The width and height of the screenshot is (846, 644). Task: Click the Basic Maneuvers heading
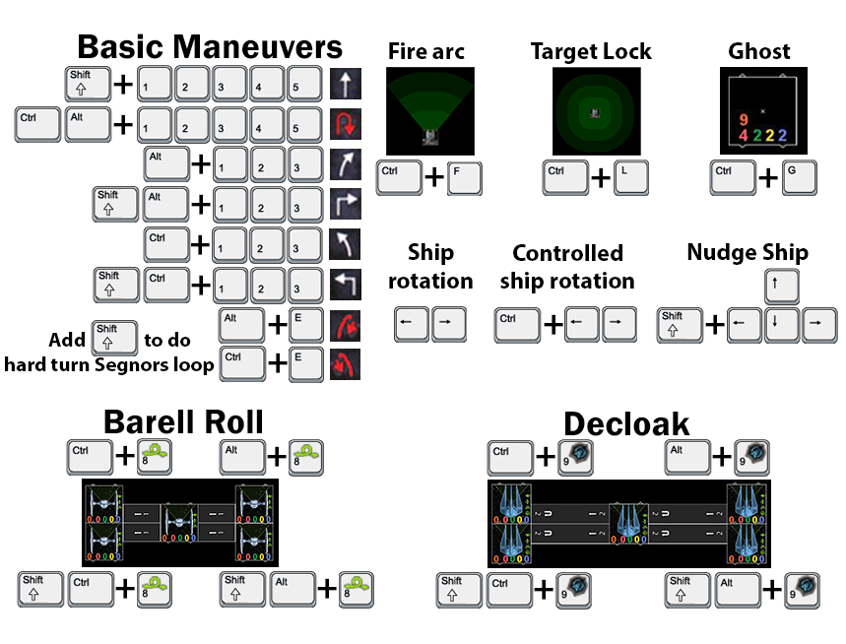click(x=210, y=46)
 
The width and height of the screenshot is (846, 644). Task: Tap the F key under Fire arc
click(x=465, y=178)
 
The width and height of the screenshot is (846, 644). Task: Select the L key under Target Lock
click(x=632, y=178)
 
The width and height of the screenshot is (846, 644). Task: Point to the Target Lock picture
click(x=594, y=108)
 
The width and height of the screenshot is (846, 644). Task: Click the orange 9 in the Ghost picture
click(x=744, y=119)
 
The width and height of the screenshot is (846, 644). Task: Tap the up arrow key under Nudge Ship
click(x=781, y=289)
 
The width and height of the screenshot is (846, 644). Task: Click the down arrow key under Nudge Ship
click(x=781, y=325)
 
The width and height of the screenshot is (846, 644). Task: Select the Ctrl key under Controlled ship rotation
click(x=518, y=324)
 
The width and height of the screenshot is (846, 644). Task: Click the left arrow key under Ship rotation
click(x=411, y=324)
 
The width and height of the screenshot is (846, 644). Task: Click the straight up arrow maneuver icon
click(x=345, y=85)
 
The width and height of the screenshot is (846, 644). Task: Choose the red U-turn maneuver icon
click(x=345, y=125)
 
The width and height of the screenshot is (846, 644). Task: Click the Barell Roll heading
click(x=183, y=421)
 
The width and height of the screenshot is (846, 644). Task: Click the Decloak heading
click(x=626, y=424)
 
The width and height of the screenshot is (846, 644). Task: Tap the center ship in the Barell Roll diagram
click(x=180, y=525)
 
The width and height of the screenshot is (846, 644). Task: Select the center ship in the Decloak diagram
click(x=626, y=525)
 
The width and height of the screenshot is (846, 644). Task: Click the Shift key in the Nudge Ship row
click(x=682, y=325)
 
